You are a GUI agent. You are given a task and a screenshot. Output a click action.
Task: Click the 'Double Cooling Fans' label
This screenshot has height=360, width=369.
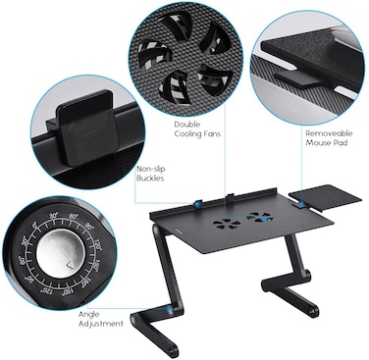point(197,129)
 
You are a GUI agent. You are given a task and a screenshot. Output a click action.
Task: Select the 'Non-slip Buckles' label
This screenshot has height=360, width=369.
point(150,174)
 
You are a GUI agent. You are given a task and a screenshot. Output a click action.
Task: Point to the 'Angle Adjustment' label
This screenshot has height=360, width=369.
point(100,319)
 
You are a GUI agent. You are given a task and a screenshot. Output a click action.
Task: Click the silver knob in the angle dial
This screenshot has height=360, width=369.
point(60,253)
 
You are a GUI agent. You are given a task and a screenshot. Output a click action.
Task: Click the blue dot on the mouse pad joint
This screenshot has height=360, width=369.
point(301,204)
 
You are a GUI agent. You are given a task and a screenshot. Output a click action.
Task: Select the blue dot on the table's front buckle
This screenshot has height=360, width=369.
point(198,204)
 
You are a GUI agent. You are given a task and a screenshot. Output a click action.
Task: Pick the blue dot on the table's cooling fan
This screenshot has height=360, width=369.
point(264,218)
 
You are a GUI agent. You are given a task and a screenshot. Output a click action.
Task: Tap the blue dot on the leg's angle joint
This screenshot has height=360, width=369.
point(170,309)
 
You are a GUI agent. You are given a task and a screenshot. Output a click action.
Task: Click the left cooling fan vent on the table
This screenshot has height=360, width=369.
point(227,224)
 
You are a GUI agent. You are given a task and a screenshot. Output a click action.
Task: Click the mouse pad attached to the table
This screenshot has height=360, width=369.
point(326,196)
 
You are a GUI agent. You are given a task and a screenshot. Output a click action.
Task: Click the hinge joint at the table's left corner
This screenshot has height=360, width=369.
point(156,231)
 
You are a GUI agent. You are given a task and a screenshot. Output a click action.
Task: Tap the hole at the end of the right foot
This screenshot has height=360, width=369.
point(315,309)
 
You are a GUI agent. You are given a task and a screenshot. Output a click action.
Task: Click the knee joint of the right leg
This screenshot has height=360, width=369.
point(306,274)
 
